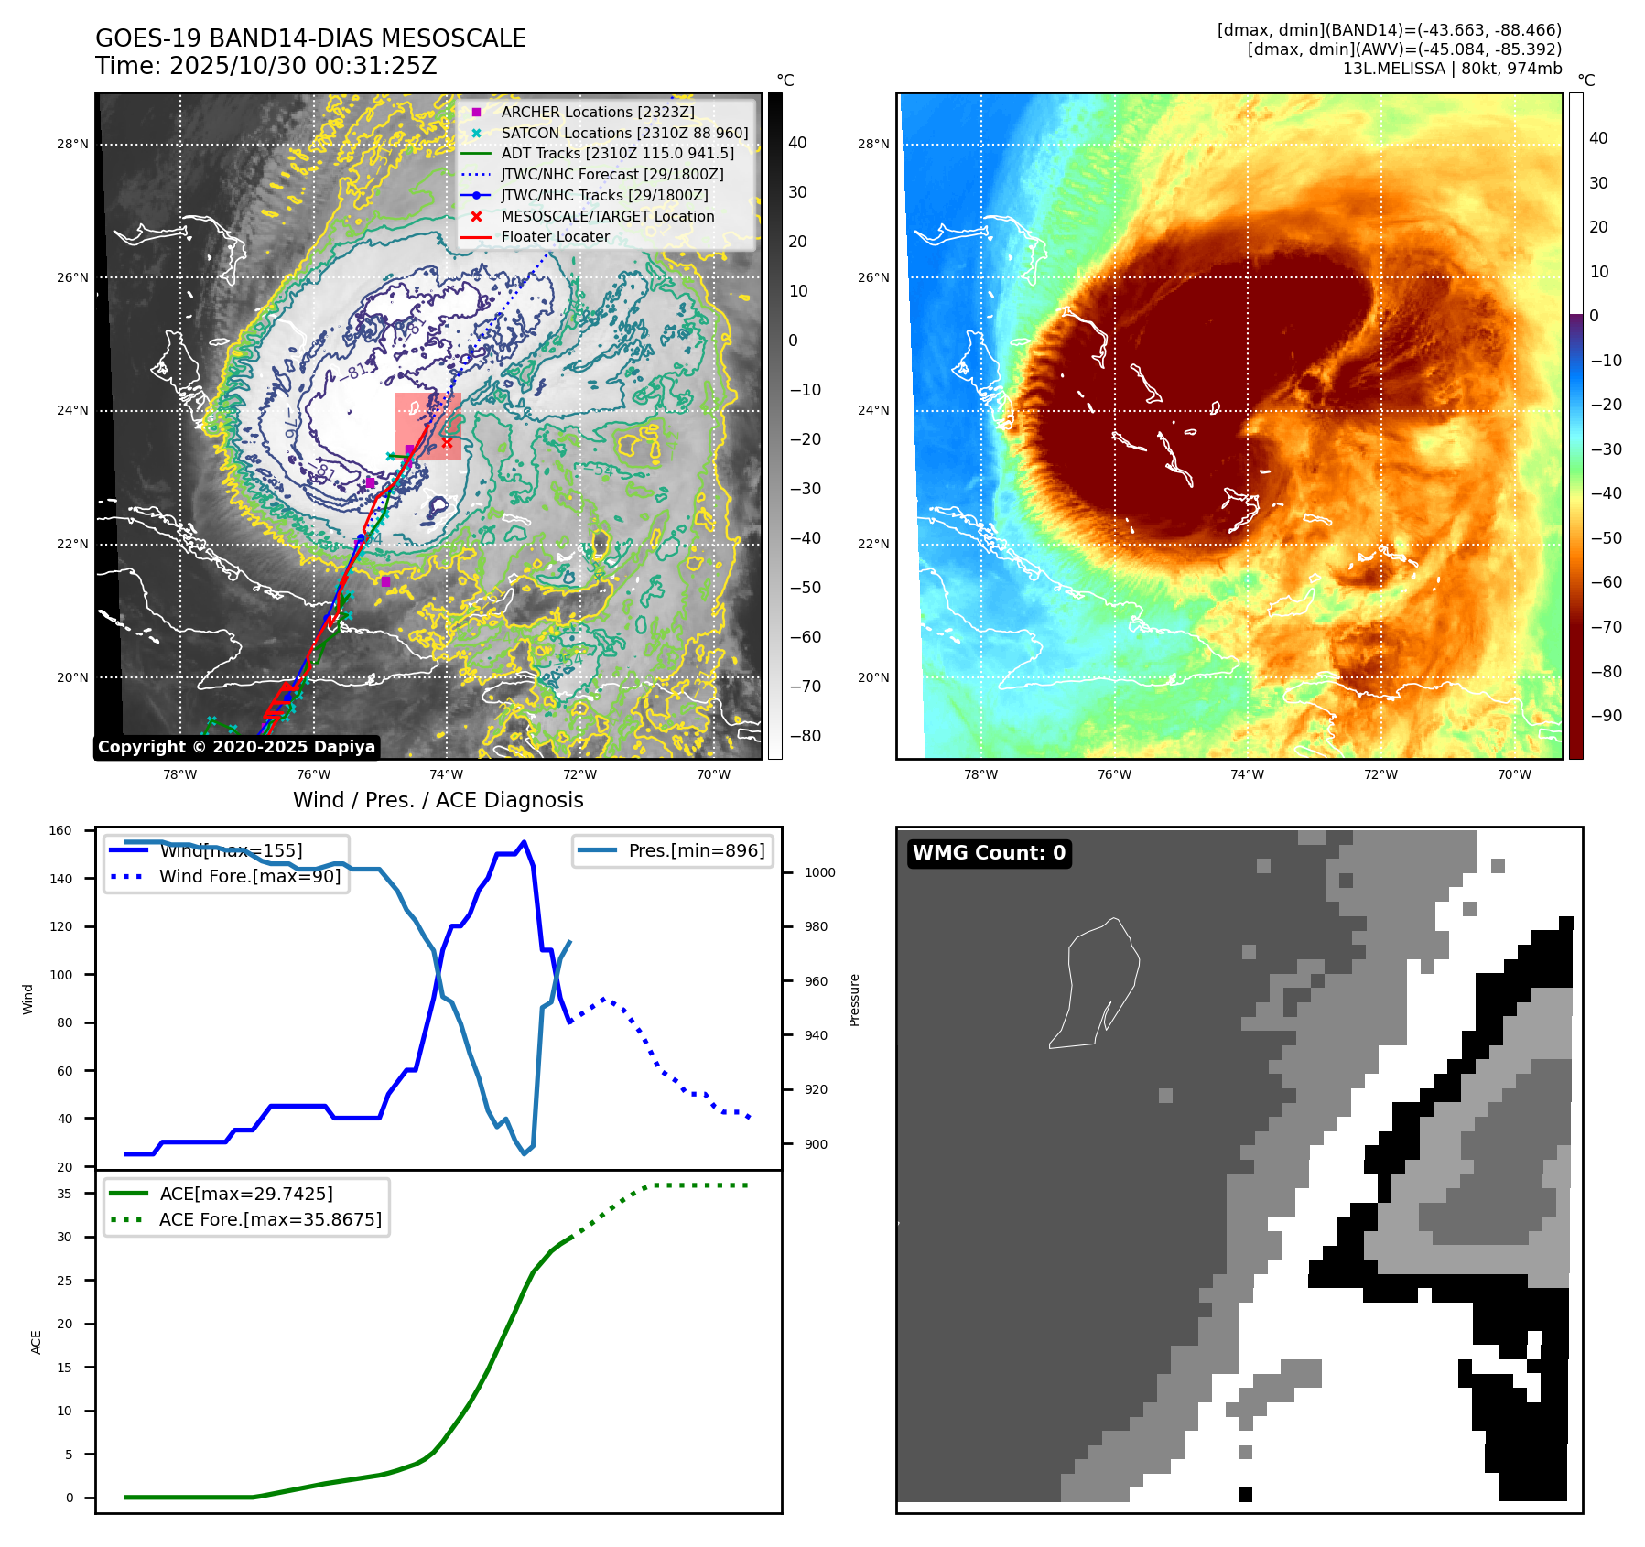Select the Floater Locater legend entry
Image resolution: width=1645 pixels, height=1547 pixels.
[555, 236]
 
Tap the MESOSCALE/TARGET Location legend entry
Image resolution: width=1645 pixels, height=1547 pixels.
[607, 216]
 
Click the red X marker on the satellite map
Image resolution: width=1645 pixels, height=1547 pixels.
[447, 442]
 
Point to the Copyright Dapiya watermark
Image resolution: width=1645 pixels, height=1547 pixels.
[236, 747]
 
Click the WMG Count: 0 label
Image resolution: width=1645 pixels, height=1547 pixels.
[989, 853]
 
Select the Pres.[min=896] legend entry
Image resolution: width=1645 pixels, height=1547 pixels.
[696, 850]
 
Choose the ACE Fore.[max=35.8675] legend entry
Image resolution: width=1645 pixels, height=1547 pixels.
[270, 1219]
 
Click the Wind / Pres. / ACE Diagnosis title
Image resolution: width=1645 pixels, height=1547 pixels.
[438, 800]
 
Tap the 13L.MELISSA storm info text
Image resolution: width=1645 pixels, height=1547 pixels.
[1452, 69]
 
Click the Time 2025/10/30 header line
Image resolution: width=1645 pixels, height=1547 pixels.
[266, 66]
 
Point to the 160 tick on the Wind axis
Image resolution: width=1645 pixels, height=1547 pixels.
[60, 830]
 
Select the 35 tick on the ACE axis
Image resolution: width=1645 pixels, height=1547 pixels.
[64, 1194]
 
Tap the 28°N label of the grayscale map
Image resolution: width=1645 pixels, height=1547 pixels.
[72, 144]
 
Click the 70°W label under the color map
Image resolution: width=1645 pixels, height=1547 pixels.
[1514, 774]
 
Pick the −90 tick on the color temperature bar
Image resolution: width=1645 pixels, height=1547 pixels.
[1606, 716]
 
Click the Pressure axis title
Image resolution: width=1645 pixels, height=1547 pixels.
[854, 1000]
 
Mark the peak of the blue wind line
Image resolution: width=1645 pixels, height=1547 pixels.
[524, 842]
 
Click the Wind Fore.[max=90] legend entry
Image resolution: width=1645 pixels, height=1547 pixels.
[249, 876]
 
